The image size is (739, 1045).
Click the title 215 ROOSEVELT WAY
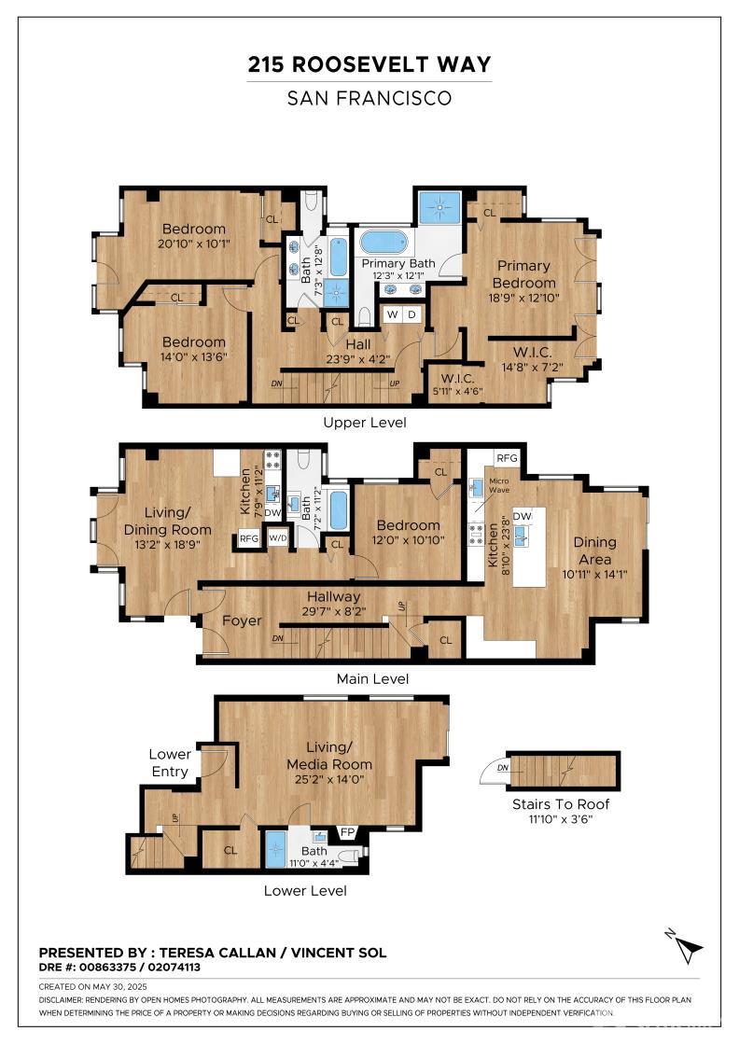coord(369,64)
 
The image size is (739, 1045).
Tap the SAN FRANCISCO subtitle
coord(369,97)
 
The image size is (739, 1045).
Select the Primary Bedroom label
coord(523,274)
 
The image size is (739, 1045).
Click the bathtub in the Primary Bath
coord(384,242)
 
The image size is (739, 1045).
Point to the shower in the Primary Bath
coord(439,207)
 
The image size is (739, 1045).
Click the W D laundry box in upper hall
coord(401,315)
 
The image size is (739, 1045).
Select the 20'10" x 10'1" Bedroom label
coord(194,236)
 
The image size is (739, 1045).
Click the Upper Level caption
coord(364,423)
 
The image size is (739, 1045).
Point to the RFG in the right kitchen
coord(507,458)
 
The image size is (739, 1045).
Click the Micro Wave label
coord(499,486)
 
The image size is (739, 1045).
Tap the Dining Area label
coord(594,550)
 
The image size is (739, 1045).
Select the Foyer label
coord(242,620)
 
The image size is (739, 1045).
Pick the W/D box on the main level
coord(277,538)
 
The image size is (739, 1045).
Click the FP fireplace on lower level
coord(348,832)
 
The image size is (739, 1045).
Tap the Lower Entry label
coord(170,762)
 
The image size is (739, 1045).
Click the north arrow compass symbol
coord(689,948)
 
